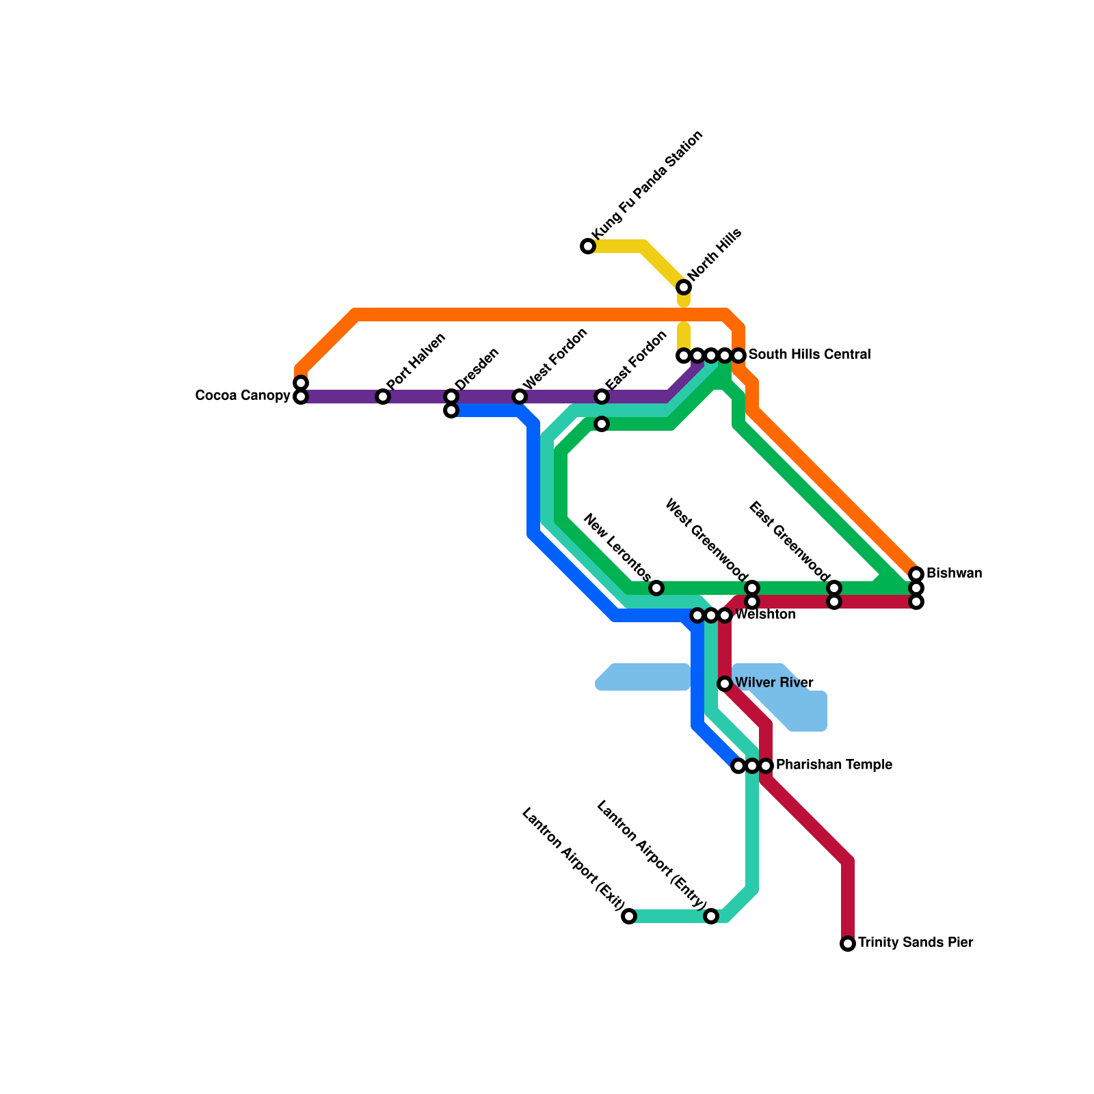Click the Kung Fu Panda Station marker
click(x=588, y=246)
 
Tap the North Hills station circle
click(x=684, y=287)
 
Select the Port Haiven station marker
click(x=383, y=397)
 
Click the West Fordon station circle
click(x=520, y=397)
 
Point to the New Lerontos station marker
click(x=656, y=588)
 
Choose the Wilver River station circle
click(x=725, y=684)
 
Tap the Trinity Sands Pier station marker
click(x=848, y=944)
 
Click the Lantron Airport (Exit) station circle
click(x=629, y=916)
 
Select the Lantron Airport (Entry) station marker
click(x=711, y=916)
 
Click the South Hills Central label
click(x=809, y=355)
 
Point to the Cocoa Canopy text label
click(x=243, y=396)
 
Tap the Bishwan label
click(x=954, y=574)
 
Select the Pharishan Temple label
click(x=833, y=765)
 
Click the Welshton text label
click(x=765, y=615)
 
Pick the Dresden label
click(x=477, y=369)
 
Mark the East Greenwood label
click(x=789, y=541)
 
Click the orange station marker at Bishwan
click(x=916, y=574)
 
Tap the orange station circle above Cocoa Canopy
click(x=301, y=383)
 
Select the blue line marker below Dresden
click(x=451, y=410)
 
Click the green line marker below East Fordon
click(x=602, y=424)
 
